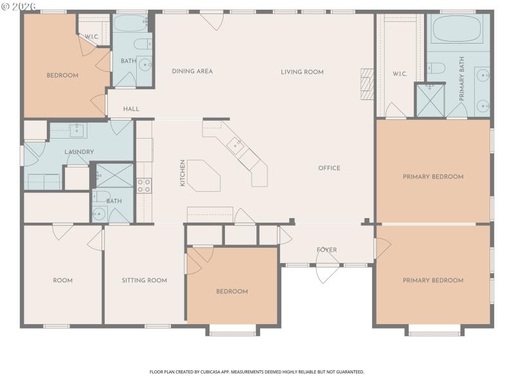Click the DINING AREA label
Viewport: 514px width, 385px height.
[192, 71]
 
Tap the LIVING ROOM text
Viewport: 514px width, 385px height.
[302, 72]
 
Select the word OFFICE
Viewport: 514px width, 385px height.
[329, 168]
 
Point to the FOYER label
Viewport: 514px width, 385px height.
[326, 250]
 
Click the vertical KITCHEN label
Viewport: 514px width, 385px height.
[182, 173]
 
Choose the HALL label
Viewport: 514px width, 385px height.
[131, 109]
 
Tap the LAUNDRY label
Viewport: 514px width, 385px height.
[80, 152]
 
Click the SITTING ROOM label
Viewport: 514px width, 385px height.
[145, 280]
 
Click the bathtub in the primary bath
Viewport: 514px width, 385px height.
[457, 28]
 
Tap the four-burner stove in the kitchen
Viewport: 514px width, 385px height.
[145, 185]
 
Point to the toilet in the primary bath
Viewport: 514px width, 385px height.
[437, 67]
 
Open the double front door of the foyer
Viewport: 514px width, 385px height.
[328, 272]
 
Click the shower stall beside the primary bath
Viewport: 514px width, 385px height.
[430, 101]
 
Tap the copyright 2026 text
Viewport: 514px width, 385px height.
[19, 5]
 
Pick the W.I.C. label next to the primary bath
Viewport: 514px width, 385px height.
[400, 74]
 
